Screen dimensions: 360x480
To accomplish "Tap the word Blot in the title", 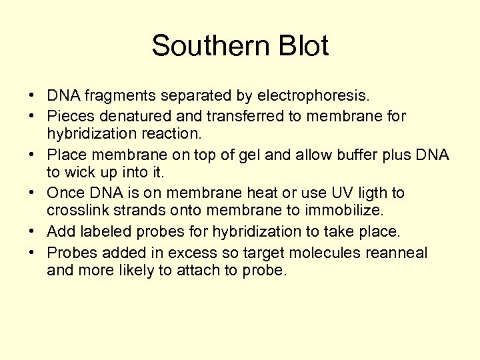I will click(301, 46).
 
